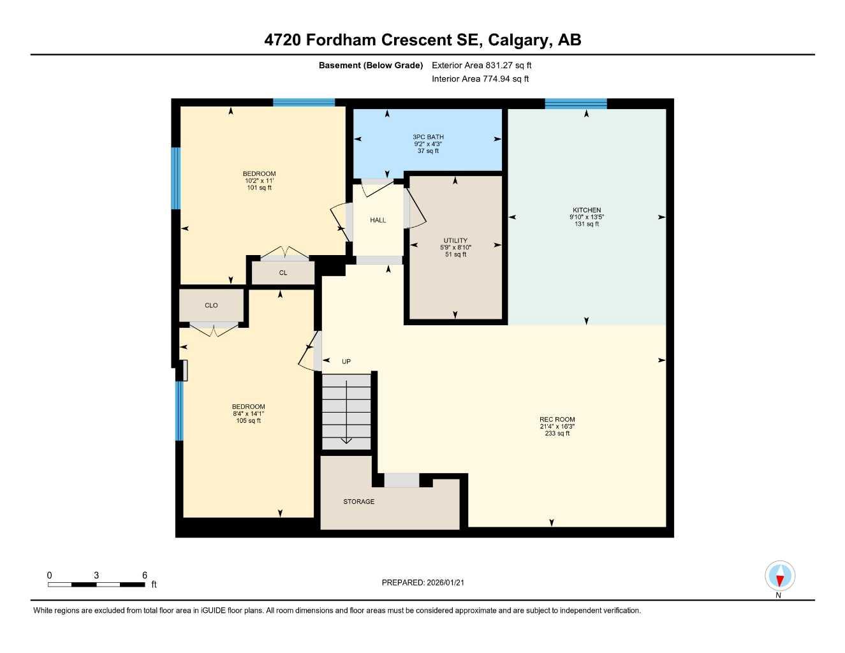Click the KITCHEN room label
[586, 210]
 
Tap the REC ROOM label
[557, 420]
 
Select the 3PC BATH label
[428, 137]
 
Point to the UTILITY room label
[455, 240]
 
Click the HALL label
[378, 220]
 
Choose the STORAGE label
[358, 502]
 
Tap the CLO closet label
[211, 305]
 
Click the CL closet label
[283, 273]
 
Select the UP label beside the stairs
[346, 362]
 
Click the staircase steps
[346, 411]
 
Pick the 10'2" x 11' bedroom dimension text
[259, 181]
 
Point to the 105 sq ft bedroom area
[248, 421]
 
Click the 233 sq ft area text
[557, 434]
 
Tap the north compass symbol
[779, 577]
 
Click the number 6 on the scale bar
[145, 575]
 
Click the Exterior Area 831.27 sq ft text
[481, 65]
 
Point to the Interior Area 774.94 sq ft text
[480, 79]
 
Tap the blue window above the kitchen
[575, 104]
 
